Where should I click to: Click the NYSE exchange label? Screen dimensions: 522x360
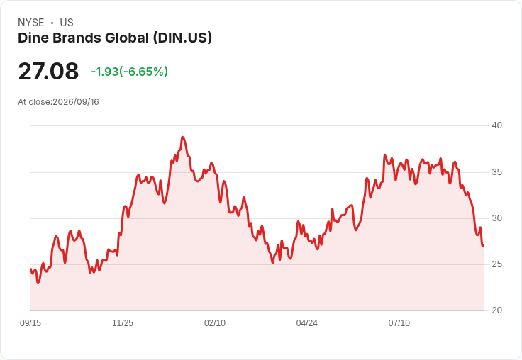click(31, 23)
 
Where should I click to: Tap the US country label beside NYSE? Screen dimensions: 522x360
click(67, 23)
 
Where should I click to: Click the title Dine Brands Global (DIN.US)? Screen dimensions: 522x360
click(115, 38)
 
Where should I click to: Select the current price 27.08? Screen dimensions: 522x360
click(48, 71)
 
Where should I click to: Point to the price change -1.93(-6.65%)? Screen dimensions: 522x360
click(130, 72)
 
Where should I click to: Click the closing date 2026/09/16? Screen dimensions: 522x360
click(76, 102)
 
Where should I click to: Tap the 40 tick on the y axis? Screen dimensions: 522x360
click(496, 125)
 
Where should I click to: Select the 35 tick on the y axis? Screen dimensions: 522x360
click(496, 172)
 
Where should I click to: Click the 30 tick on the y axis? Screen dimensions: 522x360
click(496, 218)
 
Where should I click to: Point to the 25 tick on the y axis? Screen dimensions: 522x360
click(496, 264)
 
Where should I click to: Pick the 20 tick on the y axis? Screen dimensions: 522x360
click(496, 310)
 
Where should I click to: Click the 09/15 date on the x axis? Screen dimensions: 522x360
click(30, 322)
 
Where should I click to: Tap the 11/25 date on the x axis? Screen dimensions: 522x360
click(123, 322)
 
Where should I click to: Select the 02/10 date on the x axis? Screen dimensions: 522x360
click(215, 322)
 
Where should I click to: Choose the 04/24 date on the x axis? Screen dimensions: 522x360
click(307, 322)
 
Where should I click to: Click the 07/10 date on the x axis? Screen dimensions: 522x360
click(399, 322)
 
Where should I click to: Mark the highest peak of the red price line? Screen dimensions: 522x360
click(182, 137)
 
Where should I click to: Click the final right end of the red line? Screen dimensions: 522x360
click(483, 245)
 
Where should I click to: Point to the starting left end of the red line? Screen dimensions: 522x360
click(30, 269)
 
